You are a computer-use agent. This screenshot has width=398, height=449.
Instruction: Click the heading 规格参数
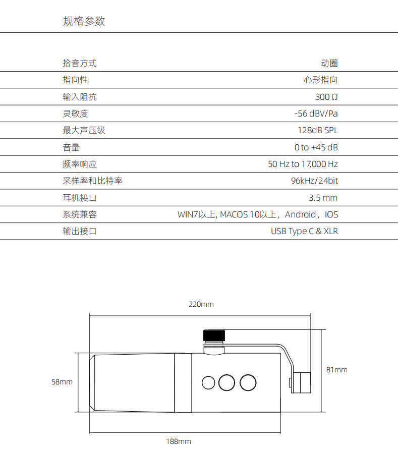[84, 21]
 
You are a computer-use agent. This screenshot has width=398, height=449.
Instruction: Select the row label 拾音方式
[79, 63]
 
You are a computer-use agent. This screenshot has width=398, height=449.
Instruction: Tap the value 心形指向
[320, 80]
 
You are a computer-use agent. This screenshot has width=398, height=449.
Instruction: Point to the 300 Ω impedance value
[326, 97]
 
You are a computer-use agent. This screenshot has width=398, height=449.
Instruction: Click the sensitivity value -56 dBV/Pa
[316, 114]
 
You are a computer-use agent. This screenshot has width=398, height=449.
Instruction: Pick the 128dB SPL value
[318, 130]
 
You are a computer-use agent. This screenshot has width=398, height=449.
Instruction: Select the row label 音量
[71, 147]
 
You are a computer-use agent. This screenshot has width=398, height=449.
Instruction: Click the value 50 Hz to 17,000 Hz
[303, 164]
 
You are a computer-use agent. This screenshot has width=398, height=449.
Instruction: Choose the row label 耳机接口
[79, 198]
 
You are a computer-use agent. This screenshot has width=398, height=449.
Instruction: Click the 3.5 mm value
[323, 198]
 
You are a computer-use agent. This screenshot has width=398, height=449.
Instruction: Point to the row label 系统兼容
[79, 214]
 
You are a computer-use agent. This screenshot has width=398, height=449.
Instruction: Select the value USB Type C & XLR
[304, 231]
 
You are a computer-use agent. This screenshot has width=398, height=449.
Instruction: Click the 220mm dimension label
[201, 304]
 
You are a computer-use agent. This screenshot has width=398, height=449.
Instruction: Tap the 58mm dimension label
[62, 382]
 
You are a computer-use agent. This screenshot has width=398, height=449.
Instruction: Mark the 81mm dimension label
[336, 370]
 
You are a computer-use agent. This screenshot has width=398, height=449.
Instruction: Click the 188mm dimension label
[179, 441]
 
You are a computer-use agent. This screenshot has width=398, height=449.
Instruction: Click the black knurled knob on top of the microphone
[214, 335]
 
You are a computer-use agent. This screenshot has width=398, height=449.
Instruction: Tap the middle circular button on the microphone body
[227, 382]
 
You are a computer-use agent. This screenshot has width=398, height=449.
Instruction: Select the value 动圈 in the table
[329, 63]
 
